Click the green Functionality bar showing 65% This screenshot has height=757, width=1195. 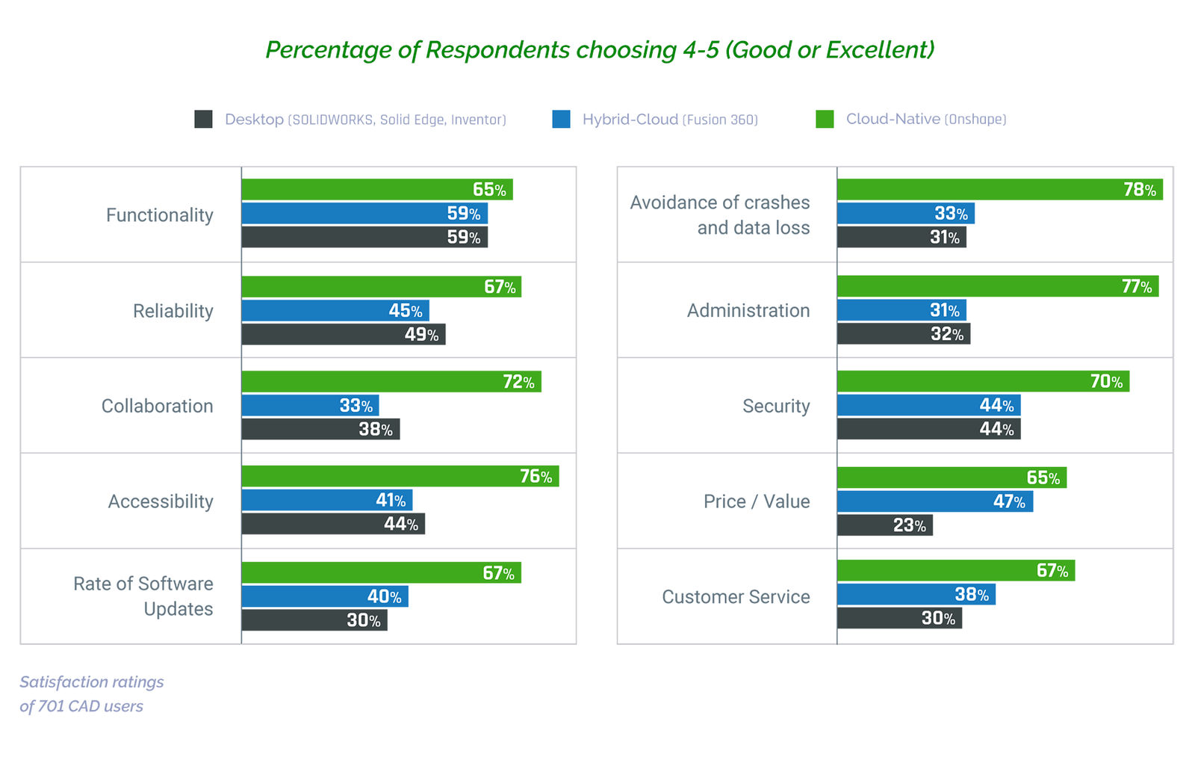pyautogui.click(x=376, y=190)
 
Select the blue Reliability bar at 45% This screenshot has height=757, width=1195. pyautogui.click(x=335, y=310)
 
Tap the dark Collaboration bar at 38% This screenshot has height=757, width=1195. pyautogui.click(x=320, y=429)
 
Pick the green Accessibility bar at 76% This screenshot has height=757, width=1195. pyautogui.click(x=400, y=476)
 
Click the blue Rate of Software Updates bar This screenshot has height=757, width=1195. pyautogui.click(x=324, y=596)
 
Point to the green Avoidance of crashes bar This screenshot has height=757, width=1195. pyautogui.click(x=999, y=190)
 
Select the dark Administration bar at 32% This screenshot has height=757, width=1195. pyautogui.click(x=903, y=334)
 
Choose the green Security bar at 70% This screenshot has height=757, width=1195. pyautogui.click(x=983, y=381)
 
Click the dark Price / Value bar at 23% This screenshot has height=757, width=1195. pyautogui.click(x=884, y=525)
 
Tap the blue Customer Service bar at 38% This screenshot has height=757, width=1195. pyautogui.click(x=916, y=595)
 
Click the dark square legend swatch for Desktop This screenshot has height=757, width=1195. pyautogui.click(x=203, y=119)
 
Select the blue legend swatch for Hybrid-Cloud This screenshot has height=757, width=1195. pyautogui.click(x=561, y=119)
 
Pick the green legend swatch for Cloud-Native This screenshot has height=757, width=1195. pyautogui.click(x=825, y=119)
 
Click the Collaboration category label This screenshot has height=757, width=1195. pyautogui.click(x=157, y=406)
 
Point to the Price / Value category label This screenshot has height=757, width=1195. pyautogui.click(x=756, y=501)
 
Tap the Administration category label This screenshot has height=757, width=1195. pyautogui.click(x=748, y=310)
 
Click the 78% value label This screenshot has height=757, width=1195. pyautogui.click(x=1140, y=190)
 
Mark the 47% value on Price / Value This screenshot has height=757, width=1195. pyautogui.click(x=1009, y=501)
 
